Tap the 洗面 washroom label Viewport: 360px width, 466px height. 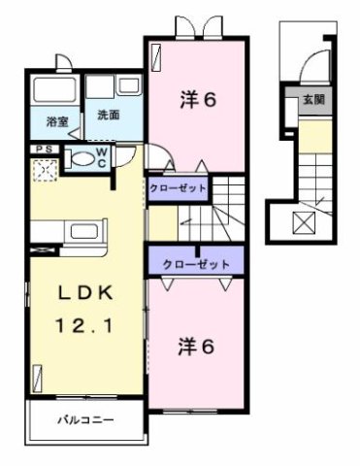(x=108, y=115)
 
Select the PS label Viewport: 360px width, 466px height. (x=43, y=148)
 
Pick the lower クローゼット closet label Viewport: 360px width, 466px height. (x=196, y=263)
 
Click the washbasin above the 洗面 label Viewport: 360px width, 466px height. (x=102, y=88)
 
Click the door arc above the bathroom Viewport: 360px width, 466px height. (x=64, y=63)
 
